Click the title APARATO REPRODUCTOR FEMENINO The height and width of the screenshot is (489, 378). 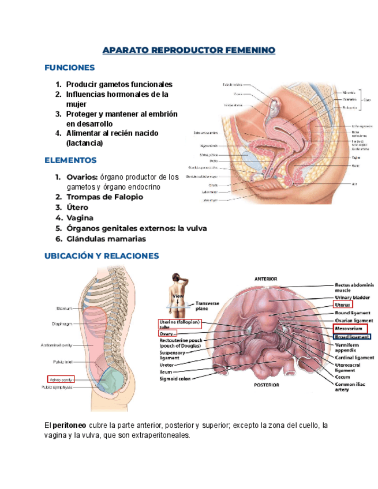click(x=189, y=51)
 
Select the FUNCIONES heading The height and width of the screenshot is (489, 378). click(x=69, y=68)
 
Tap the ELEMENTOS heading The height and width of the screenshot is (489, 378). click(x=70, y=160)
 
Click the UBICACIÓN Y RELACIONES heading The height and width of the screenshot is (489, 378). click(x=102, y=255)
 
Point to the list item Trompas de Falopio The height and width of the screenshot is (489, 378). click(x=104, y=197)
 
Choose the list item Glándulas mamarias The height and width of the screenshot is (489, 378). click(x=106, y=239)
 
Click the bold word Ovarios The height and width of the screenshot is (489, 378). click(x=81, y=177)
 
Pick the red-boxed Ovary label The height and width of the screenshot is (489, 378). click(x=164, y=333)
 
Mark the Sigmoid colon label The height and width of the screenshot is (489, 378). click(x=177, y=379)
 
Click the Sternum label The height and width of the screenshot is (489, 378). click(x=63, y=308)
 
